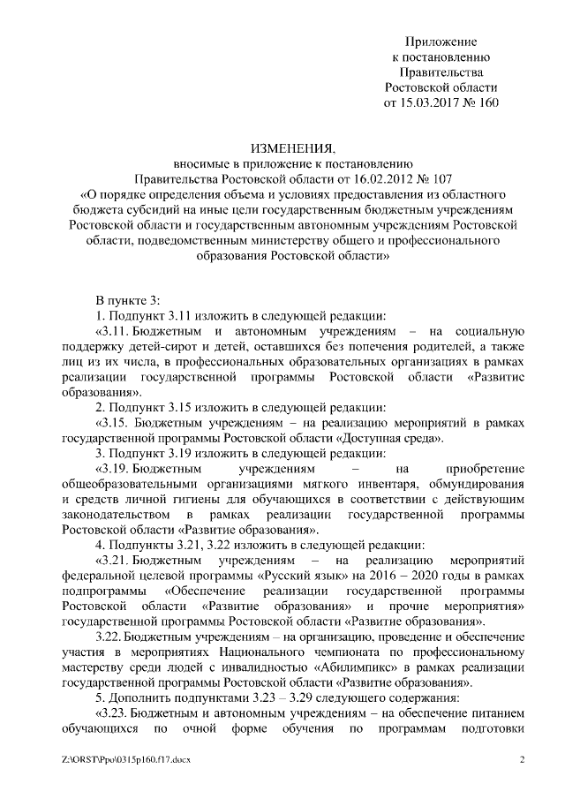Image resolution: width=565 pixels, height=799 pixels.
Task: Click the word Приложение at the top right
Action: tap(441, 41)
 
